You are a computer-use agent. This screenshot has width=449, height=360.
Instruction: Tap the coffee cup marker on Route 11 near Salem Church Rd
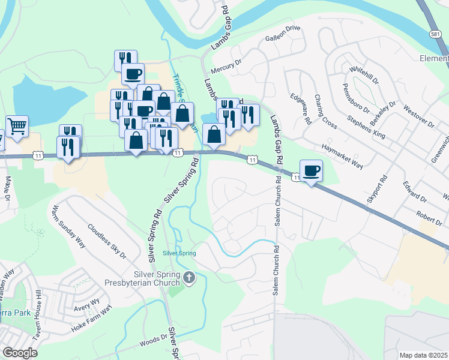[x=311, y=171]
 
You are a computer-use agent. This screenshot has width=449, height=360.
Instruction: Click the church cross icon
[x=190, y=277]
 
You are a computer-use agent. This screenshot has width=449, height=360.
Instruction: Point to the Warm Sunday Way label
[x=67, y=226]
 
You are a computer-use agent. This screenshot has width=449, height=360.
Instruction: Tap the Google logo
[x=20, y=353]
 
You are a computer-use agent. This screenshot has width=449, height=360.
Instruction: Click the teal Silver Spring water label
[x=179, y=253]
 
